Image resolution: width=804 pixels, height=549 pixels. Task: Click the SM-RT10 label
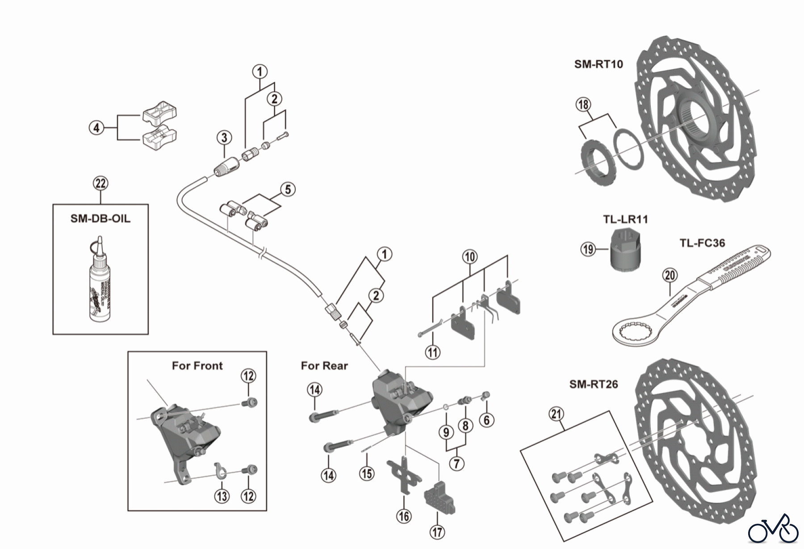pos(598,64)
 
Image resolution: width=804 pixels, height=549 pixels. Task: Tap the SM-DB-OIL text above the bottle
pos(100,219)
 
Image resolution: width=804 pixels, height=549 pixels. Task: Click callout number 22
pos(100,183)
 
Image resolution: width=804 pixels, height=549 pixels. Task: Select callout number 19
pos(588,248)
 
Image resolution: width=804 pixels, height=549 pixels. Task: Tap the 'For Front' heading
pos(197,366)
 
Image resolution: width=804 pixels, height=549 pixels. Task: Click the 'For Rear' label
pos(324,366)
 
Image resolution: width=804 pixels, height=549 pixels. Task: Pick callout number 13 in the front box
pos(222,496)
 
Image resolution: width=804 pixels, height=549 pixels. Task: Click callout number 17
pos(437,532)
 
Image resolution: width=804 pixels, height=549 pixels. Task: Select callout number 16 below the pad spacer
pos(404,516)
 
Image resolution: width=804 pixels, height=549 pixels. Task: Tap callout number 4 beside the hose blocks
pos(96,128)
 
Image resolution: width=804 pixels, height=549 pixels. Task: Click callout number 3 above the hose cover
pos(224,137)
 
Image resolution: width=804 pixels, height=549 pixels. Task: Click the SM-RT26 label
pos(593,384)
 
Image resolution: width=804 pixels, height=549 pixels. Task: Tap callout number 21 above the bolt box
pos(556,414)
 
